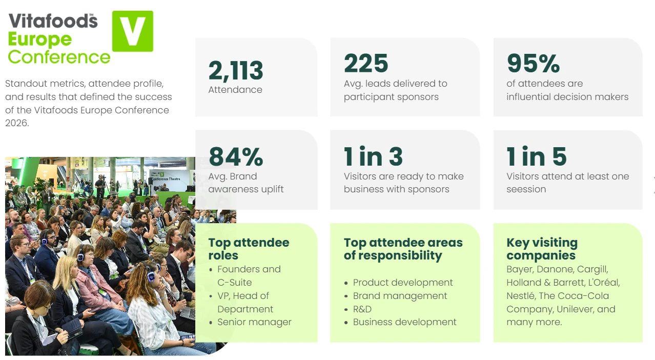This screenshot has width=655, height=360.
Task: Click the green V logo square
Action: click(x=133, y=31)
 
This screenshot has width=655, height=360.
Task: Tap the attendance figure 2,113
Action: click(x=236, y=71)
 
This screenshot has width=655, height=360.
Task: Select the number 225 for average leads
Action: click(x=366, y=63)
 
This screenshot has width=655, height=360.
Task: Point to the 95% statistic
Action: click(x=534, y=63)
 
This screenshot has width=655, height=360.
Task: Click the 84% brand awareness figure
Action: click(x=236, y=156)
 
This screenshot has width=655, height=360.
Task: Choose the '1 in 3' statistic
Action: click(x=374, y=156)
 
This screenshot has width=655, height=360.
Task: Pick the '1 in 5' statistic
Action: click(x=537, y=156)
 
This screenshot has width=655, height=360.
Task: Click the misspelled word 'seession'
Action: click(x=526, y=189)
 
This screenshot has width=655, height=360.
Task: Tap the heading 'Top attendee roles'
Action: click(x=249, y=249)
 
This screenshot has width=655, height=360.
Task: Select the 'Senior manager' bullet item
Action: click(x=254, y=322)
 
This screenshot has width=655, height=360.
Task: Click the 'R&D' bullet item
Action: click(x=362, y=309)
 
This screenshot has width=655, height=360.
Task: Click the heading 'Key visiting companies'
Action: click(x=542, y=249)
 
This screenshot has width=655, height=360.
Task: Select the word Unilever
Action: click(x=576, y=309)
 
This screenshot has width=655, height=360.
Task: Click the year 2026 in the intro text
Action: click(x=17, y=123)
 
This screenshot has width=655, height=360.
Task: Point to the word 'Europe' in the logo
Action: click(x=40, y=40)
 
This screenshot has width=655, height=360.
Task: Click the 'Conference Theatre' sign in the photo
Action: click(x=166, y=179)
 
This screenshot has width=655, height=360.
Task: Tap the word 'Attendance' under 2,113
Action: click(x=235, y=90)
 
